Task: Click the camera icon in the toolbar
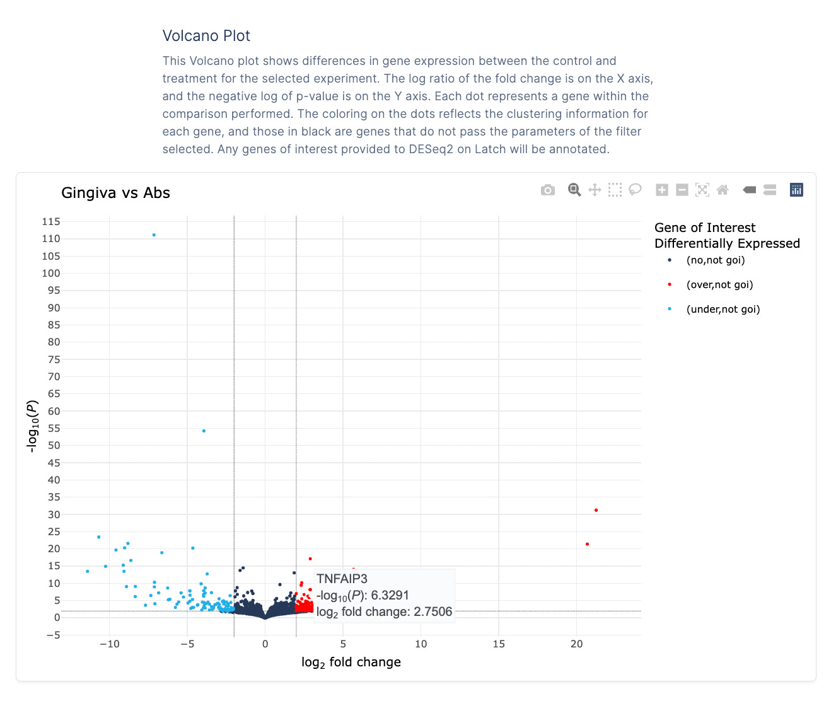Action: point(548,190)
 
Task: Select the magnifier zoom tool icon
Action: point(574,190)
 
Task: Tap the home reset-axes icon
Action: point(723,190)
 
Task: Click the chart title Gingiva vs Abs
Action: point(115,193)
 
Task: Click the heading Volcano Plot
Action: point(206,36)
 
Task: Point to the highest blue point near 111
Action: point(154,235)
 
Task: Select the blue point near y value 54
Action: point(204,431)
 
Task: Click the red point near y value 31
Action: point(596,510)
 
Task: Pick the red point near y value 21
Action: point(587,544)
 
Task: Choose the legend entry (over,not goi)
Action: point(719,285)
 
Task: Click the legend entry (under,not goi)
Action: point(723,310)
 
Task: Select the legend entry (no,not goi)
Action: point(715,260)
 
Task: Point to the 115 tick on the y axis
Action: point(51,222)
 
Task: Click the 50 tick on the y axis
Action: point(54,446)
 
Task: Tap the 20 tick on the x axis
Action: point(576,644)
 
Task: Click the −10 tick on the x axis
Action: point(109,644)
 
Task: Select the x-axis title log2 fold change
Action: point(351,662)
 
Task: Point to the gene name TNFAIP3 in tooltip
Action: point(342,579)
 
